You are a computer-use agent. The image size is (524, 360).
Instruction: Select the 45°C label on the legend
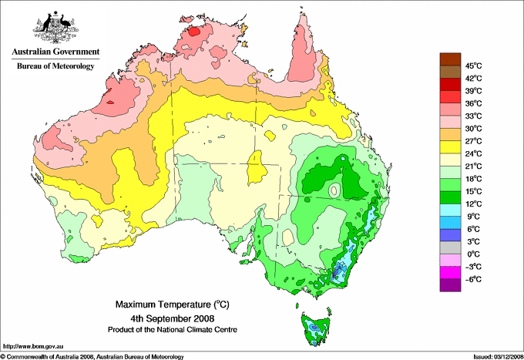coord(473,66)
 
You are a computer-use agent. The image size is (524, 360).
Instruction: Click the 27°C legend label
coord(473,141)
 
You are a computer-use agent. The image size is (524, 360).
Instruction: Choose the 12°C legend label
coord(473,204)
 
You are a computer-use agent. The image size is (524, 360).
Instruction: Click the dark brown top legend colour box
coord(448,59)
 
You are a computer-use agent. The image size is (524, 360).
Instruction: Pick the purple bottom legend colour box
coord(448,285)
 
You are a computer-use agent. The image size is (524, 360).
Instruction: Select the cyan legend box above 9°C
coord(448,210)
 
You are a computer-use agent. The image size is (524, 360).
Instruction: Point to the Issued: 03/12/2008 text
coord(492,355)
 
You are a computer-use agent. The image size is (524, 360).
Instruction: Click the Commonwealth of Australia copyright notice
coord(92,355)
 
